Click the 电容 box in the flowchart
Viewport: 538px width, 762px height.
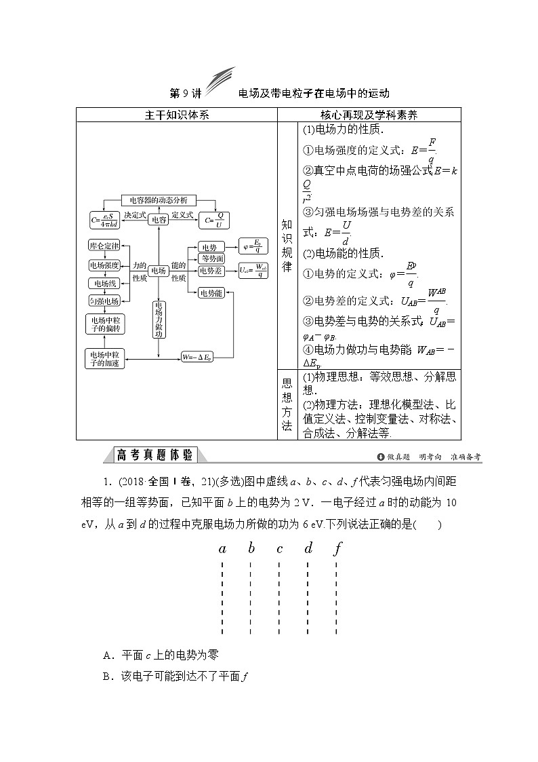tap(159, 219)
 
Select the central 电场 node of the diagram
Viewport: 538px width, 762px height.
tap(158, 271)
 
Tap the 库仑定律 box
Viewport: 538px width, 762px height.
tap(104, 245)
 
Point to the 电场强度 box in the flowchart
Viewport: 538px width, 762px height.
tap(104, 265)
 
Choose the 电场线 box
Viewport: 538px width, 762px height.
tap(104, 283)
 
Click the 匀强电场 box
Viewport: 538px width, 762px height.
tap(104, 301)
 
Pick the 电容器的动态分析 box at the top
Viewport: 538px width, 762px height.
tap(159, 200)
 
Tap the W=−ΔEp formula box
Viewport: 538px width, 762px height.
tap(197, 356)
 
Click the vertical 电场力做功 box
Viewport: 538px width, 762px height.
tap(158, 319)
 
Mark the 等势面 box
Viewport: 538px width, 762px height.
tap(212, 259)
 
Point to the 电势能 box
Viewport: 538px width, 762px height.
tap(211, 292)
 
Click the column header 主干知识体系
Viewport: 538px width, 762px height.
tap(177, 115)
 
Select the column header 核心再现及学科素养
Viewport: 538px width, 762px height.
tap(369, 115)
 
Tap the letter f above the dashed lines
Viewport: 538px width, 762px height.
tap(337, 548)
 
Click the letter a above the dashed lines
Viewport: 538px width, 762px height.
tap(222, 548)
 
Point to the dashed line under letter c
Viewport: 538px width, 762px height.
tap(279, 597)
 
